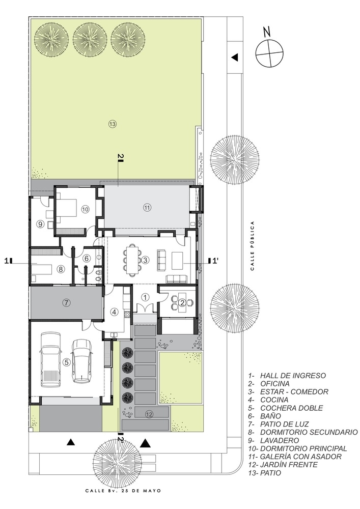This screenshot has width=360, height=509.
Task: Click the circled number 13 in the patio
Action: (x=113, y=124)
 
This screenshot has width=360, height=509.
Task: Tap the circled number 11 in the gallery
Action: (x=147, y=207)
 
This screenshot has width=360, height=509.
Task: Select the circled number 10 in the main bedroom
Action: (x=85, y=209)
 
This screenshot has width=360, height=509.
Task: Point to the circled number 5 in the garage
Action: (x=67, y=362)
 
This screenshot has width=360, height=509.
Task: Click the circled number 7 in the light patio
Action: (x=66, y=303)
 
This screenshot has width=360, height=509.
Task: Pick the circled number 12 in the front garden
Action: (x=149, y=414)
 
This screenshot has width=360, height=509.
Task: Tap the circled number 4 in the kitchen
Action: (x=114, y=312)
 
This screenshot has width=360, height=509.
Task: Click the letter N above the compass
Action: (x=267, y=32)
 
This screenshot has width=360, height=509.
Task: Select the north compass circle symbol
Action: (x=269, y=53)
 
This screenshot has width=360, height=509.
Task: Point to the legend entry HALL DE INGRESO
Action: (x=287, y=376)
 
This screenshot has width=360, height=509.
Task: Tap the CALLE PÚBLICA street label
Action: (x=252, y=246)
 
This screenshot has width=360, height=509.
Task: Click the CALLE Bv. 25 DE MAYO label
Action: (x=123, y=491)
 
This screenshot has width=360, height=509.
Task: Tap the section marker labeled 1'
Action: (x=214, y=260)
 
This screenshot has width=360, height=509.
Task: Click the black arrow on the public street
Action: (x=235, y=58)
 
